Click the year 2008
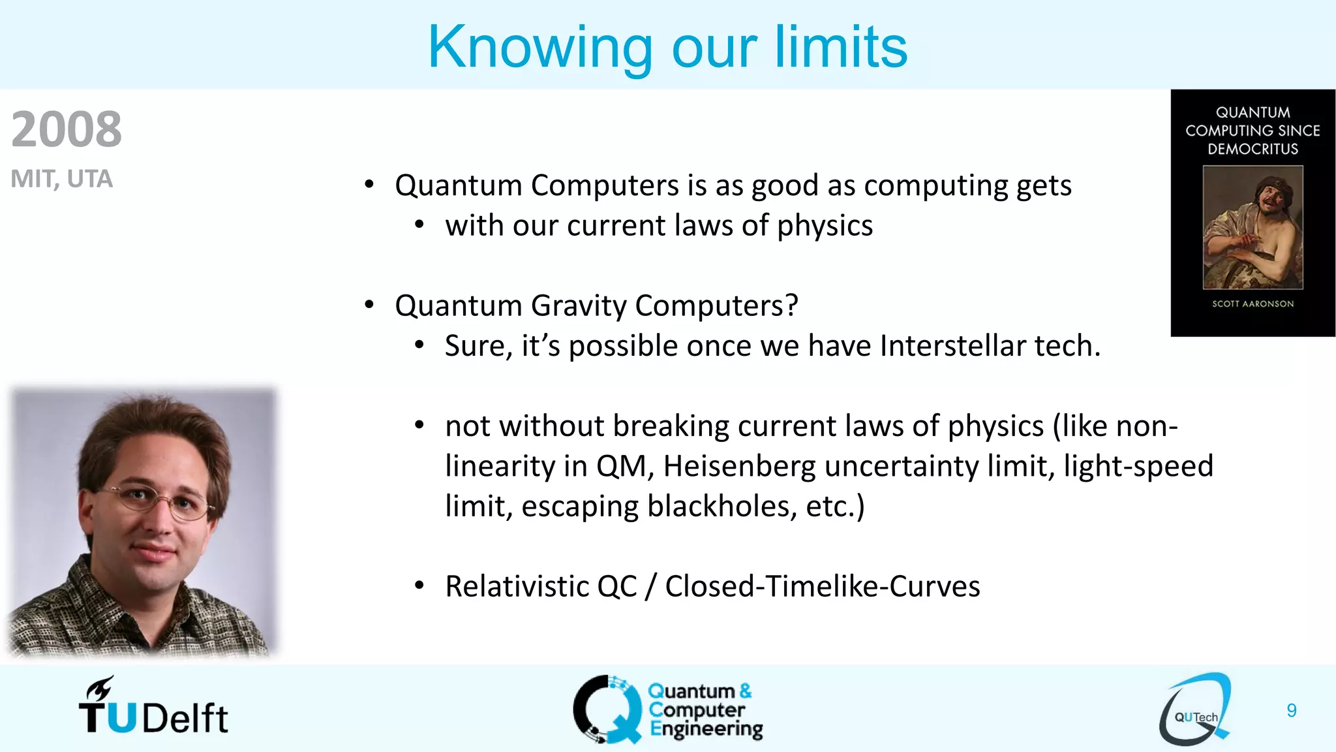click(x=67, y=129)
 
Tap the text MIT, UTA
click(x=62, y=179)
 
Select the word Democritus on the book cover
click(x=1252, y=149)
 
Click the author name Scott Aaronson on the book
click(x=1252, y=304)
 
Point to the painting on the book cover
click(x=1252, y=227)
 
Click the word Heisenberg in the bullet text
click(x=739, y=466)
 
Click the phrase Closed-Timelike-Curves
click(x=822, y=586)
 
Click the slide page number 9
click(x=1291, y=710)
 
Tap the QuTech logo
click(x=1196, y=710)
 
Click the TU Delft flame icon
click(x=99, y=689)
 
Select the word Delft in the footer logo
click(x=185, y=719)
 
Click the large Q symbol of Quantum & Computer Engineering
click(x=607, y=710)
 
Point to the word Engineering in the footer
click(x=706, y=729)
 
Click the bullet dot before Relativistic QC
click(x=419, y=586)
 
